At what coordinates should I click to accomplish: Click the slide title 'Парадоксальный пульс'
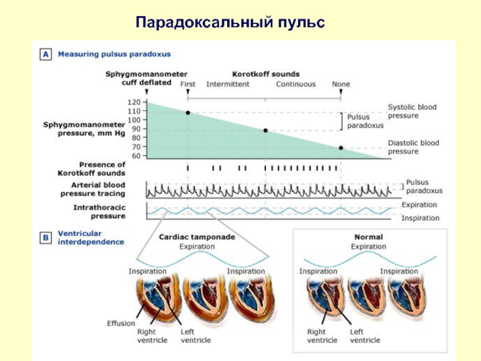coord(230,23)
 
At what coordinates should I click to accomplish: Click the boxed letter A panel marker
coord(46,54)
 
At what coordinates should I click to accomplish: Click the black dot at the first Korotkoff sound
coord(188,113)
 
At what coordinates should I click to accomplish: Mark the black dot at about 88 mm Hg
coord(265,131)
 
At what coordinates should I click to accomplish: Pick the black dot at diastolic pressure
coord(341,148)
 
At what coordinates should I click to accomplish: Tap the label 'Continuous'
coord(295,84)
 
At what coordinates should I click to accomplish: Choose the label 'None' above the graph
coord(341,84)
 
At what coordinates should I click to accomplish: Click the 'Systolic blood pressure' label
coord(412,111)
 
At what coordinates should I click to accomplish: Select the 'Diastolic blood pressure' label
coord(413,147)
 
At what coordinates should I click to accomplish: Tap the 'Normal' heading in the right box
coord(368,237)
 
